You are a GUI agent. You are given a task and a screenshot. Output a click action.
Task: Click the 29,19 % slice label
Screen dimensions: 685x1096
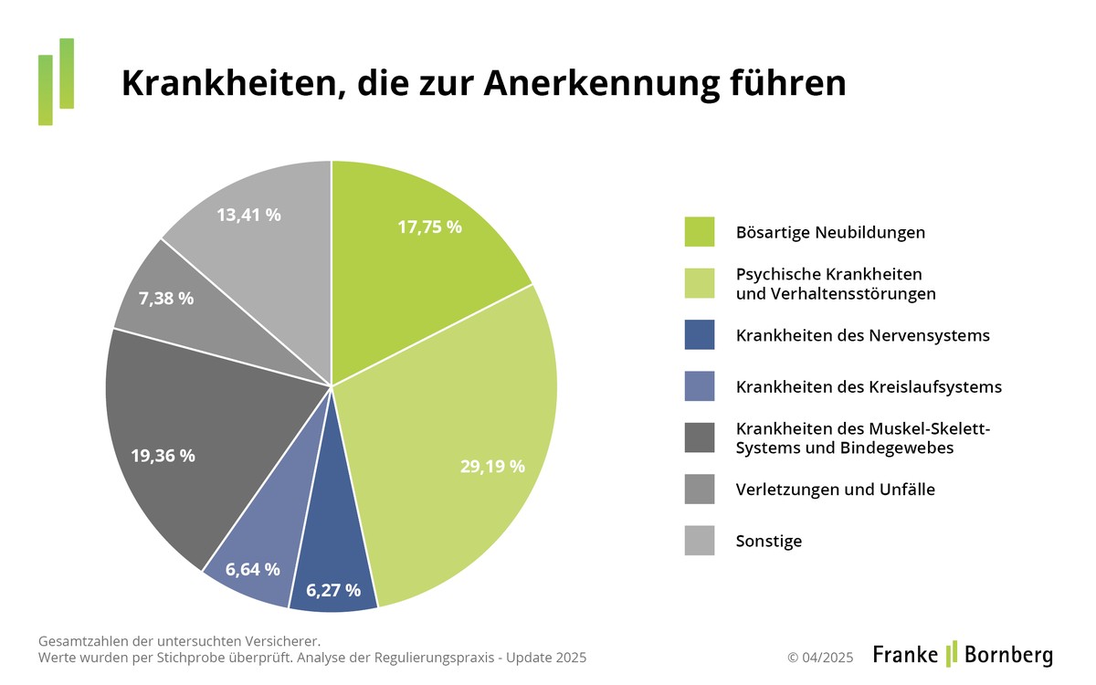tap(492, 466)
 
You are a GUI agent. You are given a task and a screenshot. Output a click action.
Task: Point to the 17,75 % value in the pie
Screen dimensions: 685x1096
tap(429, 227)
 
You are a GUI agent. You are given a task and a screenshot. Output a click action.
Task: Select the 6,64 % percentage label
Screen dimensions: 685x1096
tap(253, 569)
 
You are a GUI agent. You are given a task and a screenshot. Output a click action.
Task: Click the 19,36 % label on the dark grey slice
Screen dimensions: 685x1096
tap(163, 455)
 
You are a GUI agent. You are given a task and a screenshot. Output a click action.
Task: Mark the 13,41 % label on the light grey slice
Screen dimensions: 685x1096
tap(248, 216)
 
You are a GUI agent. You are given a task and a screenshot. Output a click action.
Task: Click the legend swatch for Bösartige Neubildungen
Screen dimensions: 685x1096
tap(700, 232)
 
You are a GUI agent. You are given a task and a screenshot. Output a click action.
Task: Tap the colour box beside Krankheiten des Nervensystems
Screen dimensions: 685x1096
tap(700, 335)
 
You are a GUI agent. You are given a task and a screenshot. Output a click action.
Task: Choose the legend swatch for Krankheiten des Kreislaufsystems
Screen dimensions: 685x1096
tap(700, 386)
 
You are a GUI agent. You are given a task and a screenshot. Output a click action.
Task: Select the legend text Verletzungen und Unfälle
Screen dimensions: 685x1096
tap(835, 490)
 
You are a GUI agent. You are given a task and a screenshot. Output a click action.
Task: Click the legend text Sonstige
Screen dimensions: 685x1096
tap(768, 541)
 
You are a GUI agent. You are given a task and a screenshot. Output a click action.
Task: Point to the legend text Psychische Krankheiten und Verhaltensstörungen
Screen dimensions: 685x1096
tap(836, 284)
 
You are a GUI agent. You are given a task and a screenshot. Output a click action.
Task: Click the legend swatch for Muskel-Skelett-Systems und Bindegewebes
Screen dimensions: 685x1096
tap(700, 437)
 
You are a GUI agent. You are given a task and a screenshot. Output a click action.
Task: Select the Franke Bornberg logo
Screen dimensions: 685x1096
tap(963, 654)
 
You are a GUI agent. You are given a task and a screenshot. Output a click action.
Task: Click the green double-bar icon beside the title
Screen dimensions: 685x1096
tap(56, 81)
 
